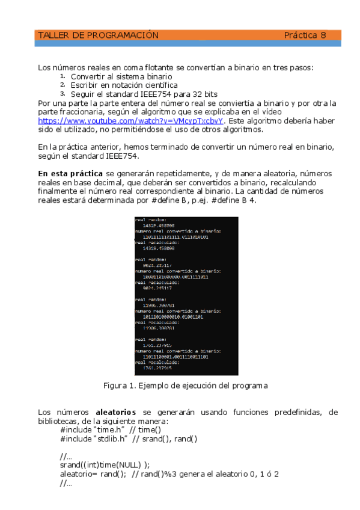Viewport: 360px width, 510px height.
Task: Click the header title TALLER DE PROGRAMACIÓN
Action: (x=98, y=35)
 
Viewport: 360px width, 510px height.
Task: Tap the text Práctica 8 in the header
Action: (x=305, y=35)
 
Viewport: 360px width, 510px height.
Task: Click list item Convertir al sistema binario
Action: (x=121, y=77)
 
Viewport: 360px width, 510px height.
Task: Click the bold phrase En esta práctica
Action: (x=70, y=174)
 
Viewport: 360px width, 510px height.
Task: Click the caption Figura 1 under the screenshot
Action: (x=185, y=385)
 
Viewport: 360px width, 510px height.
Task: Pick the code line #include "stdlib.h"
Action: (x=94, y=438)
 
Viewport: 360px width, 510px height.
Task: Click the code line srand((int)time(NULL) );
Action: (x=105, y=465)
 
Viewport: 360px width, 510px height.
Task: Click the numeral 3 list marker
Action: (x=63, y=94)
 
